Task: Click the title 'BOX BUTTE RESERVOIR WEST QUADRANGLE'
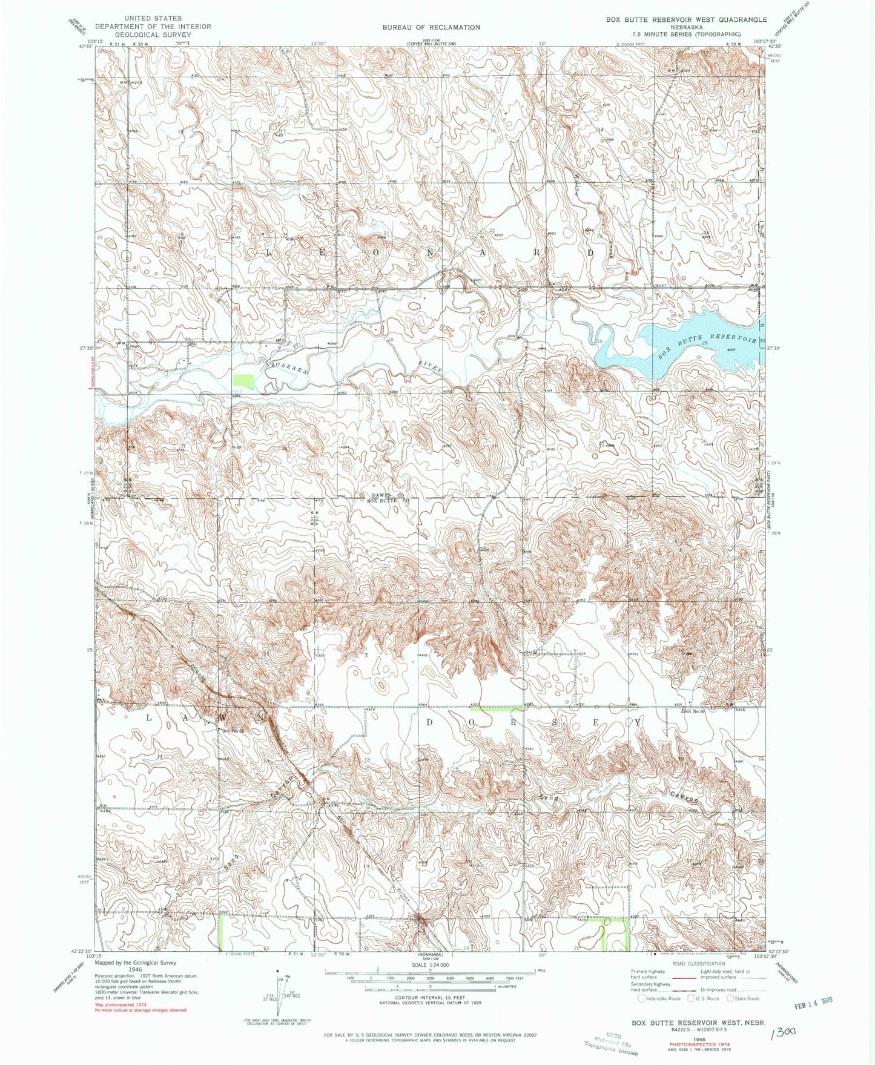686,19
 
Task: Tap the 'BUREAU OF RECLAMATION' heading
431,27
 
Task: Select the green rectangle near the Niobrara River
243,382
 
